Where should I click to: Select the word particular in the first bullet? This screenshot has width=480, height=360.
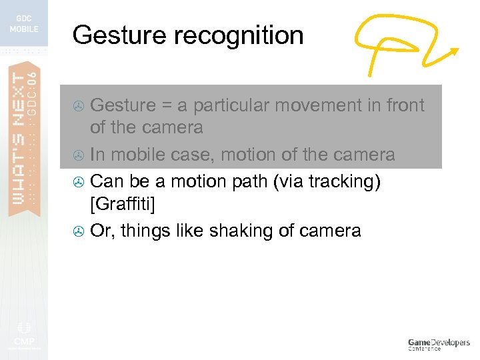coord(232,105)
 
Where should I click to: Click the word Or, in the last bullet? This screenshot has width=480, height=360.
coord(103,231)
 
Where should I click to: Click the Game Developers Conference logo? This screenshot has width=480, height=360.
coord(438,343)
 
